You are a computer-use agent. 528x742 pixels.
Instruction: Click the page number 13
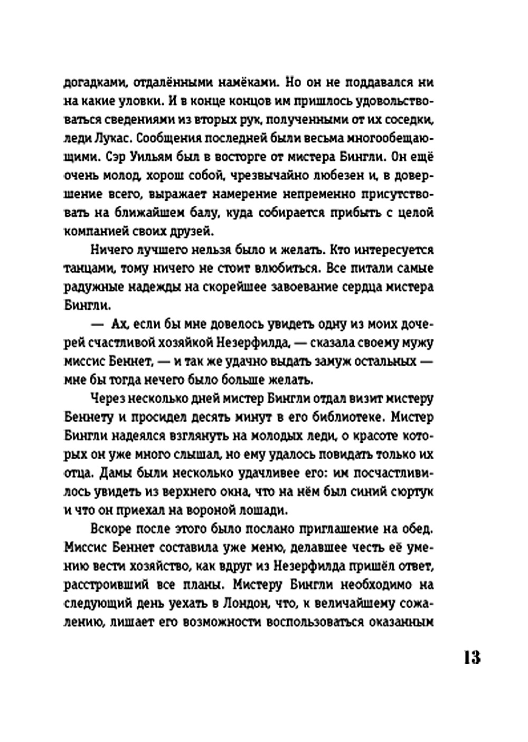[472, 658]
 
